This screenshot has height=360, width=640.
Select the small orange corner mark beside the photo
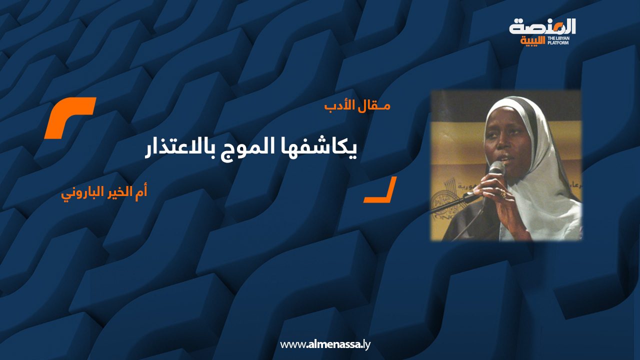(382, 192)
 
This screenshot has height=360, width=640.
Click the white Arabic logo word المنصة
(542, 27)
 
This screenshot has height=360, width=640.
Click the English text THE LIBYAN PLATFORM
(558, 40)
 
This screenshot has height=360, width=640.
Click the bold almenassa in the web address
(332, 344)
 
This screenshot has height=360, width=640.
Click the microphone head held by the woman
(497, 167)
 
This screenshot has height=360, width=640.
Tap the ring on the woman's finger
(502, 195)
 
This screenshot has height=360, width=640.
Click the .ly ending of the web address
(365, 344)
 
